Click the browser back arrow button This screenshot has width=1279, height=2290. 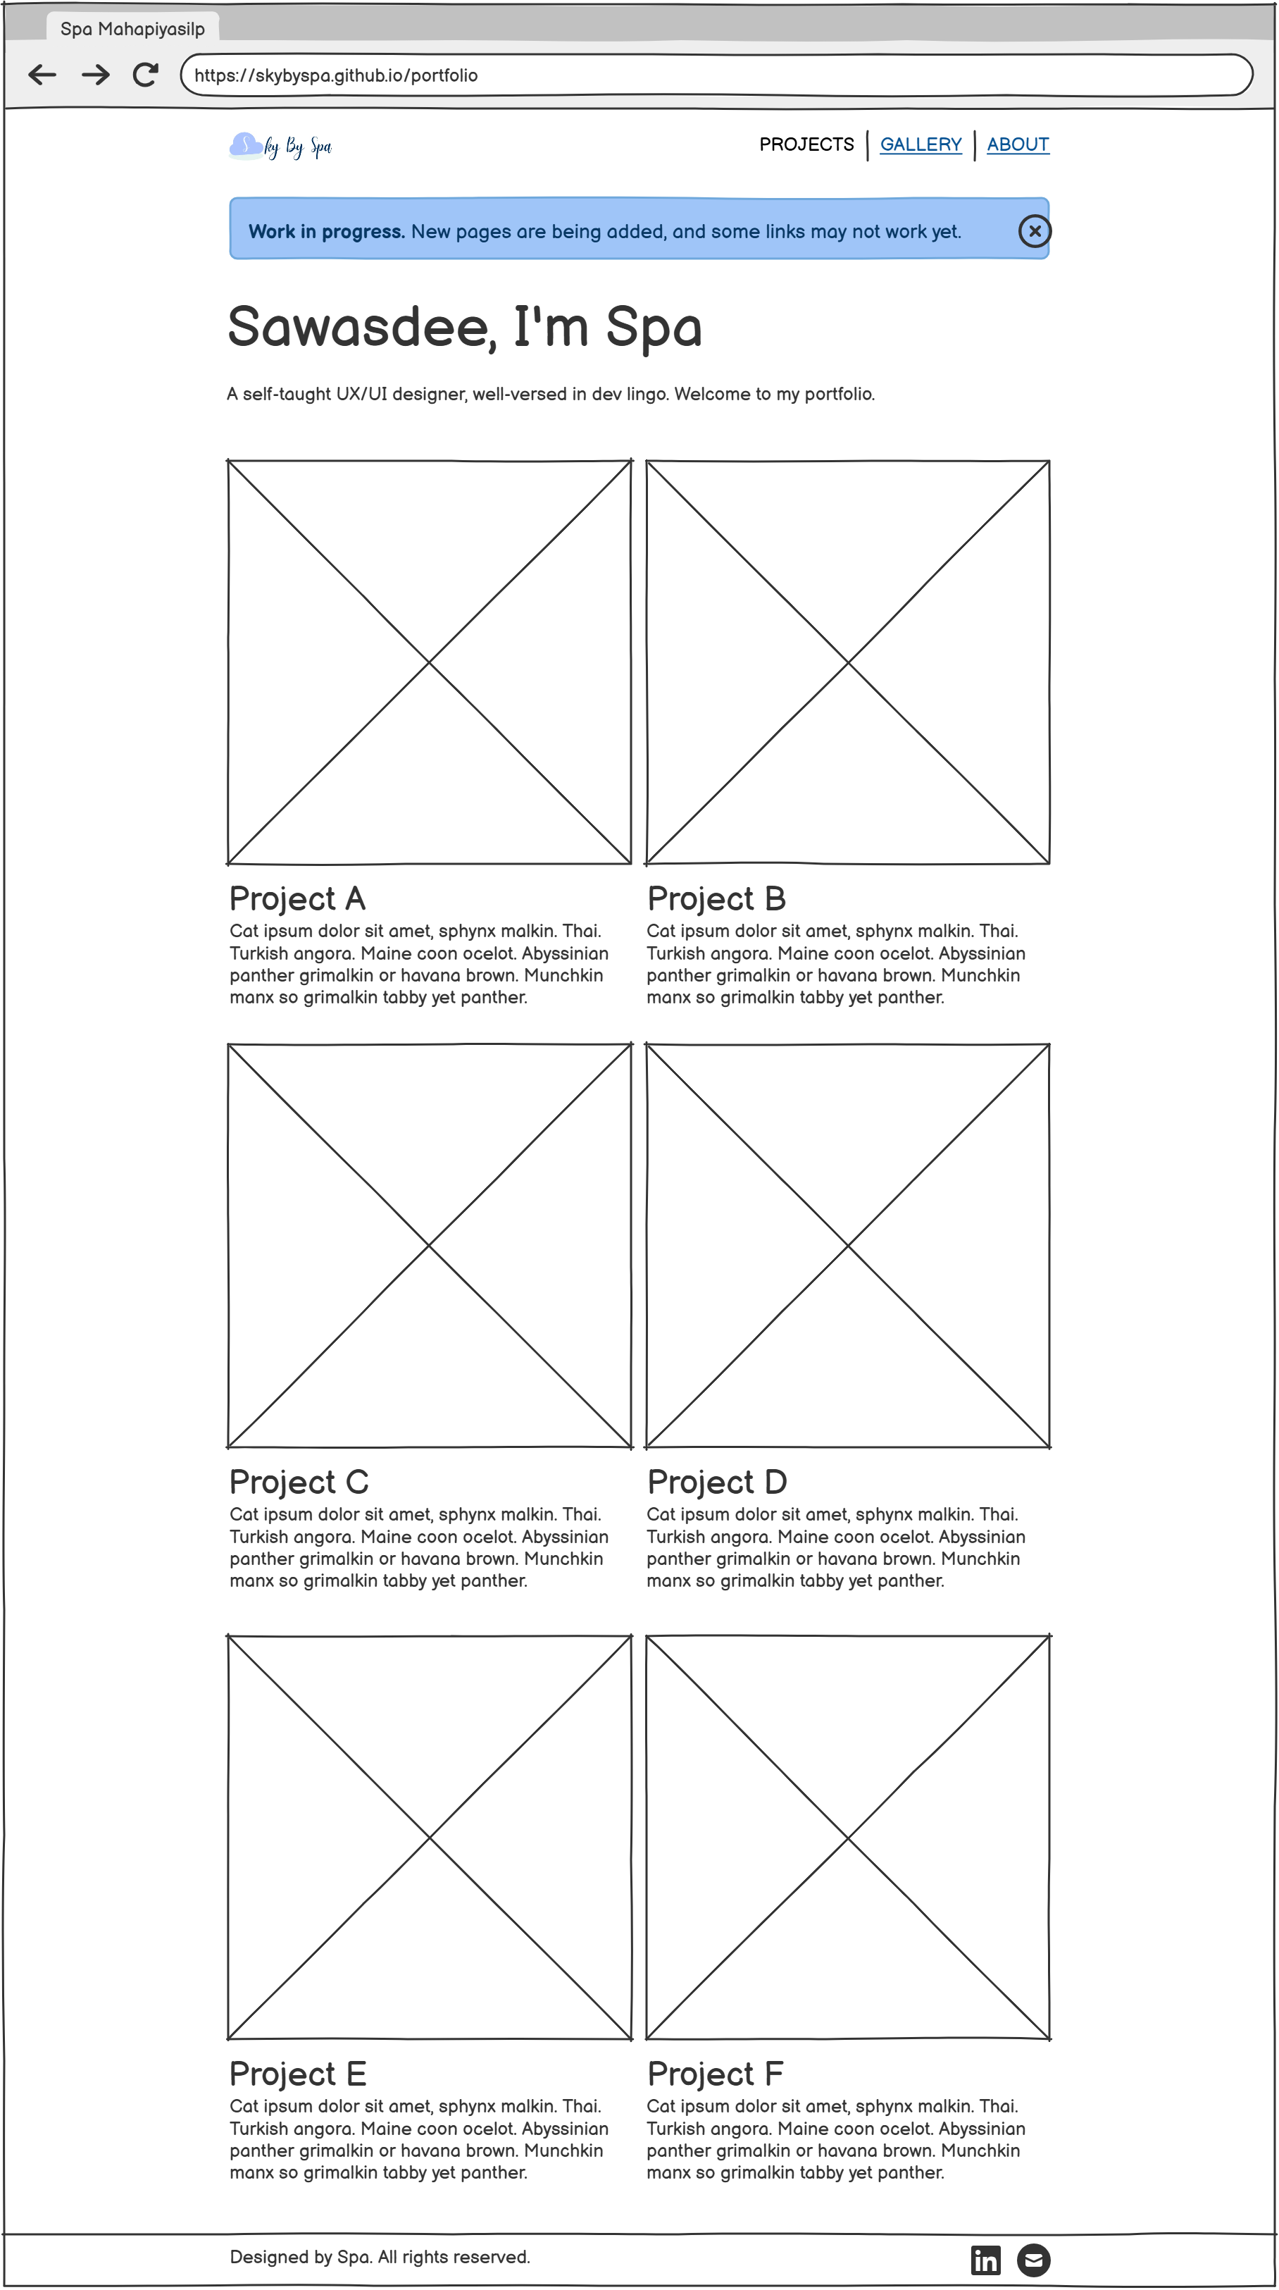42,75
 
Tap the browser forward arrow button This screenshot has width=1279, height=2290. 95,75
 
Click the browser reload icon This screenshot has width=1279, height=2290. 145,75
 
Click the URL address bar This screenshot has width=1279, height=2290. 716,75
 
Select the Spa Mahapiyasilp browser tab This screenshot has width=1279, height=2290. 132,28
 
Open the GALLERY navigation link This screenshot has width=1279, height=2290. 920,144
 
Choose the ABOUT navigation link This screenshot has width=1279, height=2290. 1018,144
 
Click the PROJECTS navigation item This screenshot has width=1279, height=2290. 806,144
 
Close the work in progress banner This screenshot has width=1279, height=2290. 1034,231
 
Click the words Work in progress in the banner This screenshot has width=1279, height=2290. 326,231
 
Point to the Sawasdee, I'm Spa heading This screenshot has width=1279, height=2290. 465,327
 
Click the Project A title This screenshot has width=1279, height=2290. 298,899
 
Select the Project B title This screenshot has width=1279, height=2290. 716,899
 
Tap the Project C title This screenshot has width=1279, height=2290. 299,1482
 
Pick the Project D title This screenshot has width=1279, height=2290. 717,1482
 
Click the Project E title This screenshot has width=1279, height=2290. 298,2074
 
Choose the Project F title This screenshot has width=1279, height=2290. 716,2074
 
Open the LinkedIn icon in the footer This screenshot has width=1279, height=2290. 985,2259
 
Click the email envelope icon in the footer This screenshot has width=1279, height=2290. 1032,2259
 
